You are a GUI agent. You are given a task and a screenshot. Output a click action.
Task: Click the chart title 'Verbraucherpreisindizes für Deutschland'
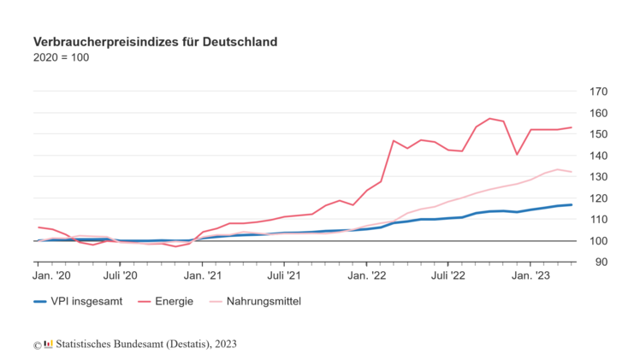(x=155, y=41)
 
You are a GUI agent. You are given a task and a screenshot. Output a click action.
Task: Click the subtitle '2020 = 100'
(x=61, y=57)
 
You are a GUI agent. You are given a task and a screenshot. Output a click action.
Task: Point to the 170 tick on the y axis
(x=599, y=91)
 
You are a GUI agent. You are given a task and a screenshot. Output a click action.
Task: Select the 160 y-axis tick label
(x=599, y=113)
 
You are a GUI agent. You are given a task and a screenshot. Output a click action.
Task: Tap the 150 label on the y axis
(x=599, y=134)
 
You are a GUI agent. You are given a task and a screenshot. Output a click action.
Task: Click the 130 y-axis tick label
(x=599, y=177)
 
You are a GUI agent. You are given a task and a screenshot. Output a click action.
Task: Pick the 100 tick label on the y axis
(x=599, y=241)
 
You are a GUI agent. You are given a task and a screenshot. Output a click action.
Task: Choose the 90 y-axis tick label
(x=601, y=262)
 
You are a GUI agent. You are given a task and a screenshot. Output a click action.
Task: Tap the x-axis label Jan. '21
(x=203, y=275)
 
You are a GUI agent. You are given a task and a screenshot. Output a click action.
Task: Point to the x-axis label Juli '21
(x=283, y=275)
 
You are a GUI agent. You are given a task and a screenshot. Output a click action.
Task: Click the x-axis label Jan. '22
(x=366, y=275)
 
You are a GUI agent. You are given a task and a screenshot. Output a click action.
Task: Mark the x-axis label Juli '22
(x=447, y=275)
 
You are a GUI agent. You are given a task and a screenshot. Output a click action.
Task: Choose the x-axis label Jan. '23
(x=530, y=275)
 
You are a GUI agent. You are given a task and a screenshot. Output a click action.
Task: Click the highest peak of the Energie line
(x=489, y=119)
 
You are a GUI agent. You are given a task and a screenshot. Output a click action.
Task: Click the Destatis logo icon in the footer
(x=49, y=344)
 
